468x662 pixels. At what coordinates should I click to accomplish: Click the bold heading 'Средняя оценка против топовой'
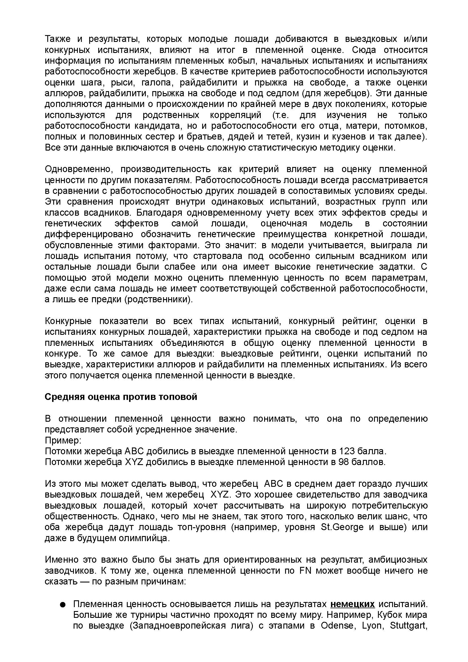coord(121,397)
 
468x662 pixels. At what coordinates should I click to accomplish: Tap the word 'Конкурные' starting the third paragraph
coord(68,321)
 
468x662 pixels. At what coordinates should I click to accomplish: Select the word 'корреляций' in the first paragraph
coord(235,115)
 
